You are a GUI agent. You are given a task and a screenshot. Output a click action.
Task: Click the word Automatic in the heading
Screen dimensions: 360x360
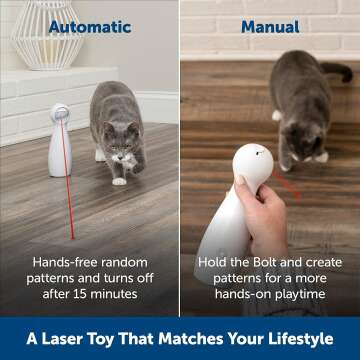coord(90,26)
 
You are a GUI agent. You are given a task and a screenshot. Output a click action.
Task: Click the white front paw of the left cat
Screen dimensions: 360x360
coord(119,180)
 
